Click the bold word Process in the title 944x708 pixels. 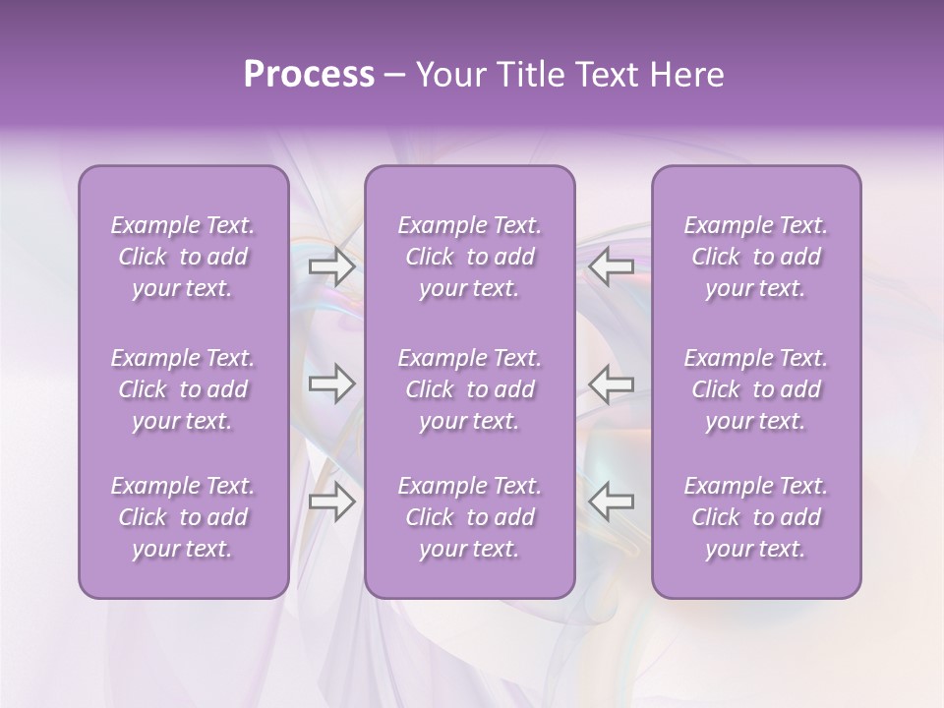pyautogui.click(x=309, y=75)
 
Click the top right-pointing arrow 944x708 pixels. pyautogui.click(x=331, y=266)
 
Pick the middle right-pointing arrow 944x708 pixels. pyautogui.click(x=331, y=383)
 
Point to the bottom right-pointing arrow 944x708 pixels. pyautogui.click(x=331, y=501)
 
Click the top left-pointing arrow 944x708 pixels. pyautogui.click(x=612, y=266)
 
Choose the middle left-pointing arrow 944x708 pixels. pyautogui.click(x=612, y=383)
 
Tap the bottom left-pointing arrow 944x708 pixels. pyautogui.click(x=612, y=501)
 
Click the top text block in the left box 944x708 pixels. pyautogui.click(x=183, y=257)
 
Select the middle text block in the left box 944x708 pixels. pyautogui.click(x=183, y=389)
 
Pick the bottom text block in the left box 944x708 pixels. pyautogui.click(x=183, y=517)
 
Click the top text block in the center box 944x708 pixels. pyautogui.click(x=470, y=257)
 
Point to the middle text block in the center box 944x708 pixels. pyautogui.click(x=470, y=389)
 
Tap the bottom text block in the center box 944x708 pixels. pyautogui.click(x=470, y=517)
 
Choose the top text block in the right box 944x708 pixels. pyautogui.click(x=756, y=257)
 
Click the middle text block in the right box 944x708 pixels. pyautogui.click(x=756, y=389)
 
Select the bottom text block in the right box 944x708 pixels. pyautogui.click(x=756, y=517)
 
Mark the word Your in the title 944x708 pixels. pyautogui.click(x=447, y=75)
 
